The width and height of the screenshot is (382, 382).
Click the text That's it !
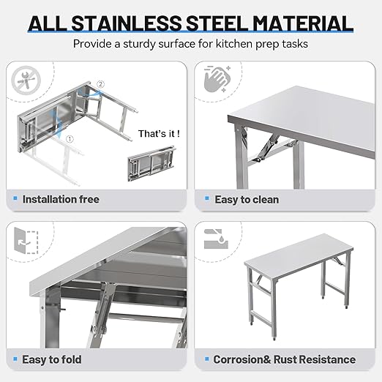pyautogui.click(x=159, y=134)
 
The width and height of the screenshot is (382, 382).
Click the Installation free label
pyautogui.click(x=61, y=199)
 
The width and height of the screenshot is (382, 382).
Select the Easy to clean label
pyautogui.click(x=247, y=199)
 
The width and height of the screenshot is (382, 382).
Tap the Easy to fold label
pyautogui.click(x=52, y=359)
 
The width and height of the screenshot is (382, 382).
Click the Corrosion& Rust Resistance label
pyautogui.click(x=284, y=359)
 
